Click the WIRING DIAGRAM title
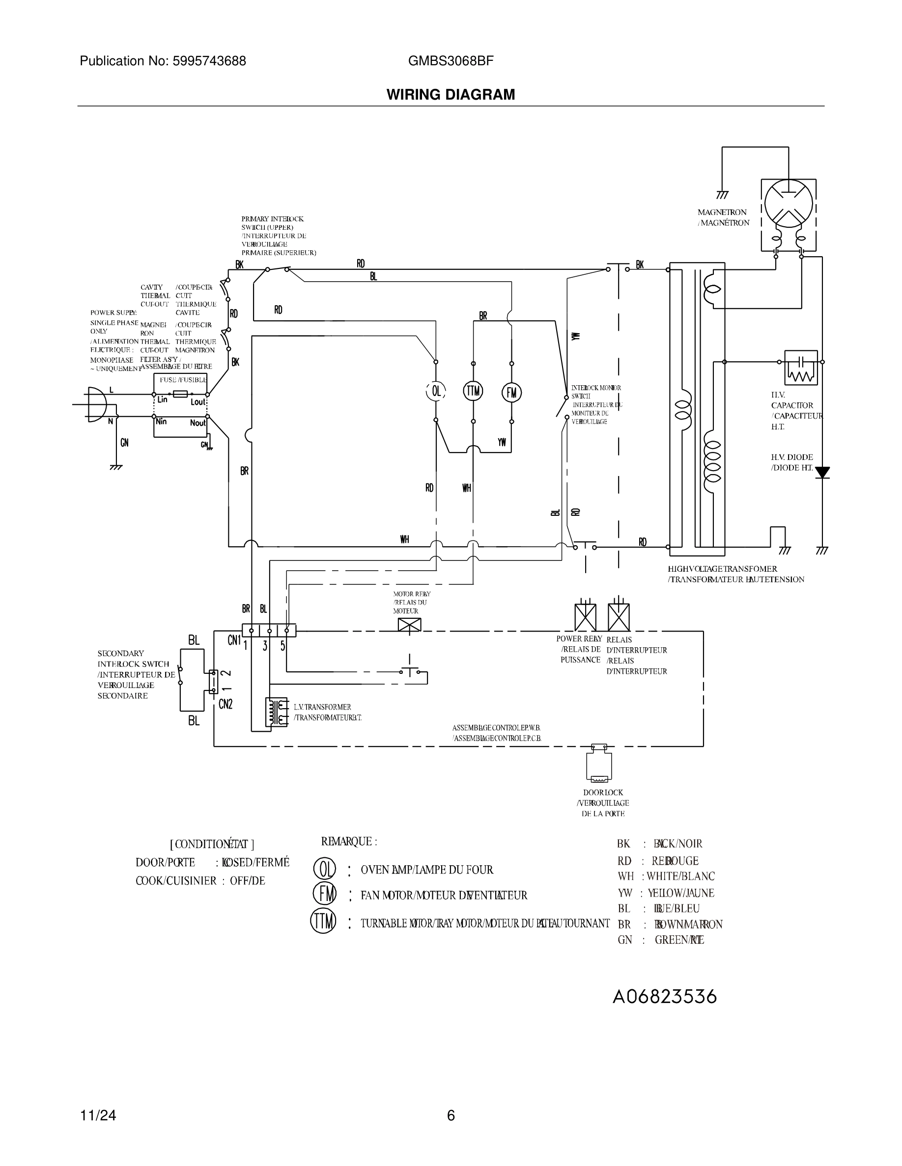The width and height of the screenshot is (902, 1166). [451, 95]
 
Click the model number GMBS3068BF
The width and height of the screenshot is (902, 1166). [451, 61]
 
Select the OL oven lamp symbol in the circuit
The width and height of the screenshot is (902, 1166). [436, 391]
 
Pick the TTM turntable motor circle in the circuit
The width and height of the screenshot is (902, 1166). [473, 391]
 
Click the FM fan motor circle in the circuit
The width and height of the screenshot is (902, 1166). [511, 393]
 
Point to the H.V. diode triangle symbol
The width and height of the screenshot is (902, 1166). [822, 472]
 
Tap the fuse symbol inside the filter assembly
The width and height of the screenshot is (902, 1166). [180, 394]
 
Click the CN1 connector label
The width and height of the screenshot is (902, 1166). [234, 640]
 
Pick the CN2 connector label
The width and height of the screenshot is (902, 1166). [225, 704]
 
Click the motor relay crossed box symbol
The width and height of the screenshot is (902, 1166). [409, 625]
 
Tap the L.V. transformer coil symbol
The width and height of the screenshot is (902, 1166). [276, 712]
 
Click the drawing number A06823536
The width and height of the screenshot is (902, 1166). [664, 997]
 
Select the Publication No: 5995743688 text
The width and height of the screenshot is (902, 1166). [163, 61]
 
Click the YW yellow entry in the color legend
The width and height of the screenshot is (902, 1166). [665, 893]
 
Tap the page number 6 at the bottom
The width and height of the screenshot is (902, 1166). [451, 1115]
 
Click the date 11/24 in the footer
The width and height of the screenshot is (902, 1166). [98, 1115]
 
